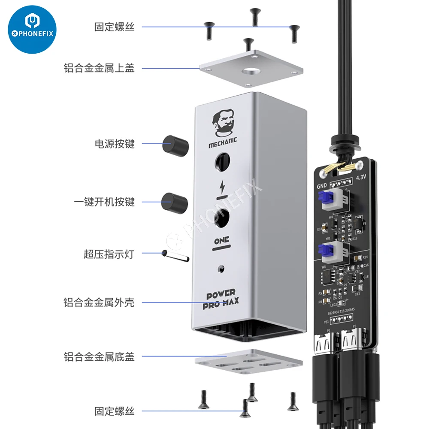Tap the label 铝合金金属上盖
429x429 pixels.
point(99,68)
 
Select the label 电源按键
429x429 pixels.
point(115,144)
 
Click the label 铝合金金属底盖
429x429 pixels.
point(99,356)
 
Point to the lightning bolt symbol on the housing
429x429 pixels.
point(222,187)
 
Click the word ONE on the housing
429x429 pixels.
point(222,240)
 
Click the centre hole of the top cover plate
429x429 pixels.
point(252,73)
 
